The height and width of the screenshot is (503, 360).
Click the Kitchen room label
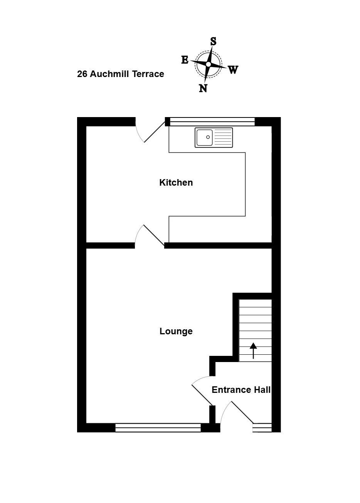tap(176, 183)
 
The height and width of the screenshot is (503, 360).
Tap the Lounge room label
tap(176, 331)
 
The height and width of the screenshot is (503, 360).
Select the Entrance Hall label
tap(241, 390)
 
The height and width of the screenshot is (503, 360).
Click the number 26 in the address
tap(82, 74)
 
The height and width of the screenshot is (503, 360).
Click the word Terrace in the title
tap(148, 74)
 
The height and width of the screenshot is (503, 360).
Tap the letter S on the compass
tap(213, 41)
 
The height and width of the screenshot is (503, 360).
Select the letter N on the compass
tap(203, 88)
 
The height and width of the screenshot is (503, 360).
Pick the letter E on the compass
tap(185, 60)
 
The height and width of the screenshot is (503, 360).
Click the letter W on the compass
tap(233, 70)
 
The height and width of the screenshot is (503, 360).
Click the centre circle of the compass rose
tap(208, 64)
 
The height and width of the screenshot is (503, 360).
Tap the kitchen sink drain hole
tap(208, 137)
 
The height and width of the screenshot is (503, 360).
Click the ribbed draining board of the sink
tap(222, 137)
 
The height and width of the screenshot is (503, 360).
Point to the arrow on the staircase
tap(253, 350)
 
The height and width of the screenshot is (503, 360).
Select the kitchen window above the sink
tap(212, 122)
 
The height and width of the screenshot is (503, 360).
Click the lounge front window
tap(158, 428)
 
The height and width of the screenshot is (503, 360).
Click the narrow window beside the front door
tap(262, 428)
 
